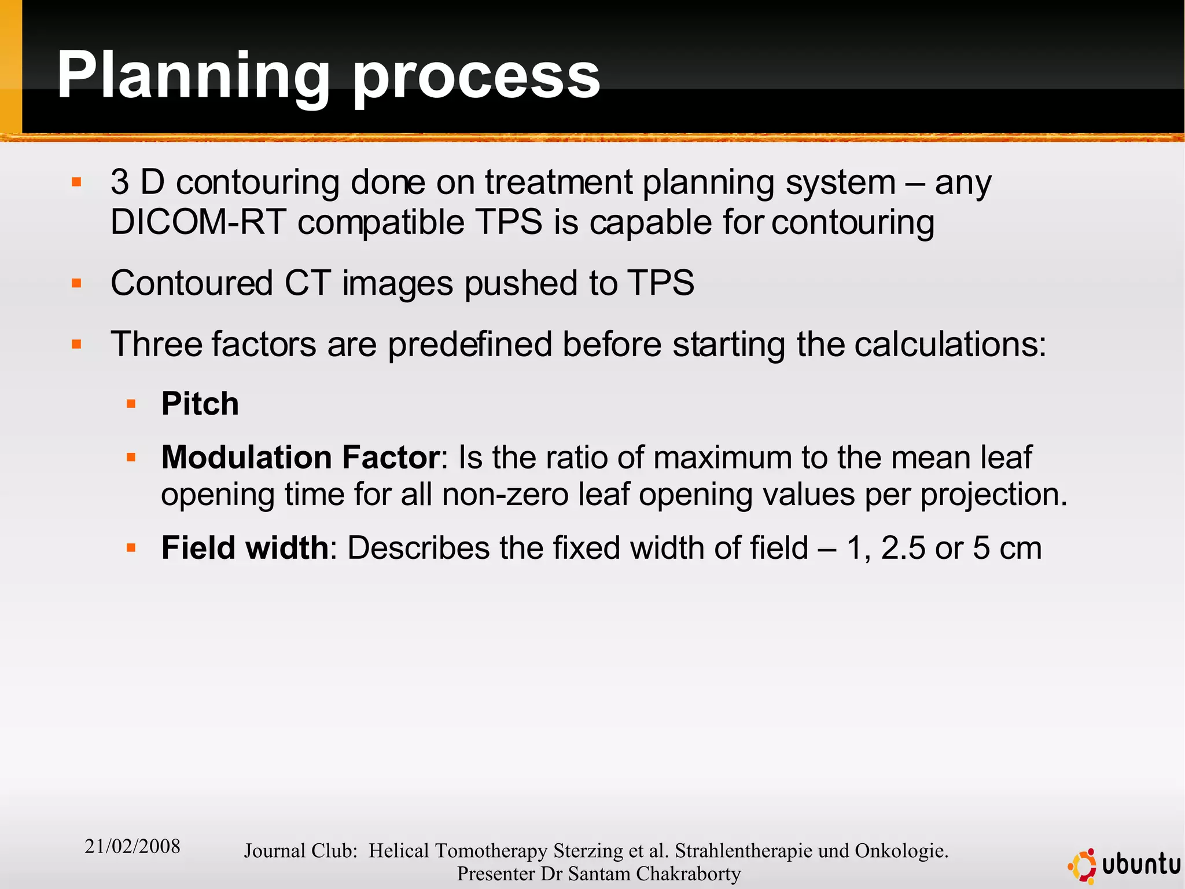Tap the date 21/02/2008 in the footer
click(x=133, y=846)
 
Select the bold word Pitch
click(x=200, y=404)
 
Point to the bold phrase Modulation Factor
click(x=300, y=457)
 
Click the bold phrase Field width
click(x=245, y=547)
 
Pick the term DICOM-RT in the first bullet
click(x=198, y=222)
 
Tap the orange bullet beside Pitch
click(x=131, y=404)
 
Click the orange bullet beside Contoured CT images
click(x=76, y=283)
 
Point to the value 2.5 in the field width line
click(x=903, y=547)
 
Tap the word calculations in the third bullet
click(x=950, y=344)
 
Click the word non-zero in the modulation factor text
click(x=505, y=495)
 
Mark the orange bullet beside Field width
click(x=131, y=547)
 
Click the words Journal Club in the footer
click(x=300, y=850)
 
